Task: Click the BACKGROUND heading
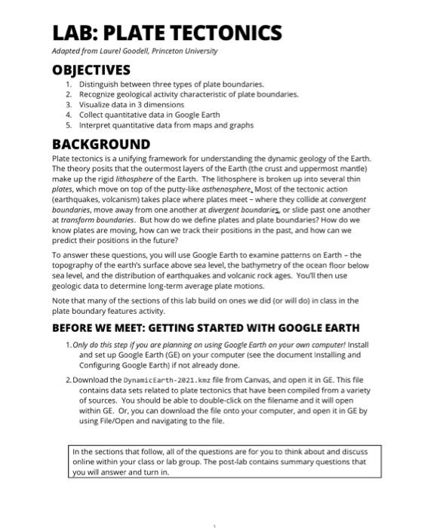pyautogui.click(x=100, y=143)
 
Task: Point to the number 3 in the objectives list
pyautogui.click(x=68, y=105)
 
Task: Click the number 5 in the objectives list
pyautogui.click(x=68, y=125)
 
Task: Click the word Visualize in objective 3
pyautogui.click(x=96, y=105)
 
